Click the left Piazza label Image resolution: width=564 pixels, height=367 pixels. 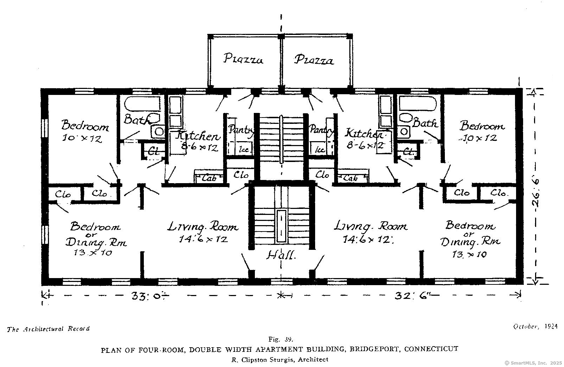pos(243,59)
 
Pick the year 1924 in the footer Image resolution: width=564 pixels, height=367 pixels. pos(551,326)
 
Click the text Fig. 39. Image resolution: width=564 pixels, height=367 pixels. pos(281,339)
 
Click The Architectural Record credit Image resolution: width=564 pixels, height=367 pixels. pos(48,329)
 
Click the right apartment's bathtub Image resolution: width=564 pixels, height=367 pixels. pos(418,104)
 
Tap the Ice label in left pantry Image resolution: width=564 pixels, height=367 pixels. pos(244,149)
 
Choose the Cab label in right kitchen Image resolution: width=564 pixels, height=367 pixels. pos(350,178)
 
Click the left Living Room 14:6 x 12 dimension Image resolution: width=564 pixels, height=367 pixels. pos(203,239)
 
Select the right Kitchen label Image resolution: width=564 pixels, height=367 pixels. pos(364,134)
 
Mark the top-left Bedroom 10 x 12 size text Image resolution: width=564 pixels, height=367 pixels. pos(82,139)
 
